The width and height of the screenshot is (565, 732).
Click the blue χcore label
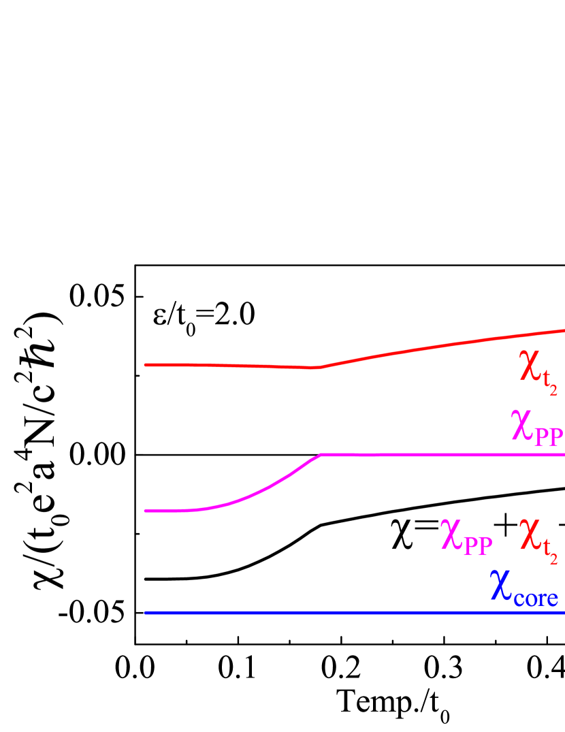[x=524, y=588]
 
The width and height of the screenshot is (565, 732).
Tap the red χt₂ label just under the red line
[x=538, y=371]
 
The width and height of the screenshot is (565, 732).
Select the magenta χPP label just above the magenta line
[x=536, y=429]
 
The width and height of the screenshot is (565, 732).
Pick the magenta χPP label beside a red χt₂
[x=466, y=538]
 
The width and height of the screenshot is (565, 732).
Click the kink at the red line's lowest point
[x=317, y=368]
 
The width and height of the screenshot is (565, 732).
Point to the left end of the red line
[x=146, y=365]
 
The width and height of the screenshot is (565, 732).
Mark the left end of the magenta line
[x=146, y=511]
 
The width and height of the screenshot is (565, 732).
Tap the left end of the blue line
[x=146, y=613]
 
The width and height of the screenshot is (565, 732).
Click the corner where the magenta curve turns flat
[x=320, y=454]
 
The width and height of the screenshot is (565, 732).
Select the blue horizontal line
[x=354, y=613]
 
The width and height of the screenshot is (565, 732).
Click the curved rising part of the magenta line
[x=259, y=492]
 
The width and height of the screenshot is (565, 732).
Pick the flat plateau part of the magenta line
[x=442, y=454]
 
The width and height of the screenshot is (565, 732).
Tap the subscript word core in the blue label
[x=536, y=598]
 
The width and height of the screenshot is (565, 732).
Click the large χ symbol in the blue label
[x=500, y=586]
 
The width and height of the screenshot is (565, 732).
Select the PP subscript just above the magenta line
[x=549, y=436]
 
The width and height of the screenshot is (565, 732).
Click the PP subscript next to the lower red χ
[x=478, y=545]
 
